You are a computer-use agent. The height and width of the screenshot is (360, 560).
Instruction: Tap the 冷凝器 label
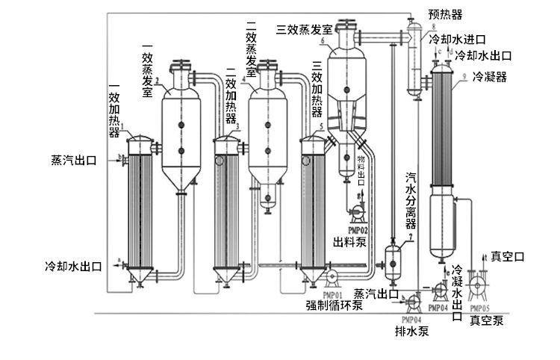pyautogui.click(x=489, y=77)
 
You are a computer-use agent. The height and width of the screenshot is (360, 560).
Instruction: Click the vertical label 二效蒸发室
pyautogui.click(x=252, y=49)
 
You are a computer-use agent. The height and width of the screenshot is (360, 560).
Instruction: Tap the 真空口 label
pyautogui.click(x=508, y=256)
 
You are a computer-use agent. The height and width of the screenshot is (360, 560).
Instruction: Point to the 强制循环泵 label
pyautogui.click(x=335, y=304)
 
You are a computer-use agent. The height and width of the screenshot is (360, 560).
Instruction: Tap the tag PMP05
pyautogui.click(x=478, y=308)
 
